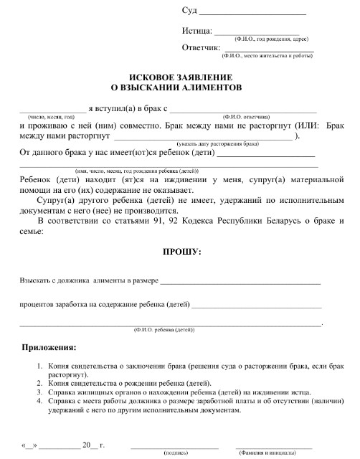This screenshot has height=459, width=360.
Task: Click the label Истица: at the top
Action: tap(198, 32)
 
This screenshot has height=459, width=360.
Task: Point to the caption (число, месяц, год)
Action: tap(51, 117)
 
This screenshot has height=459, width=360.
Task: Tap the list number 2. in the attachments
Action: tap(40, 384)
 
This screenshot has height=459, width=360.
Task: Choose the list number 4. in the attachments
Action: tap(40, 402)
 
